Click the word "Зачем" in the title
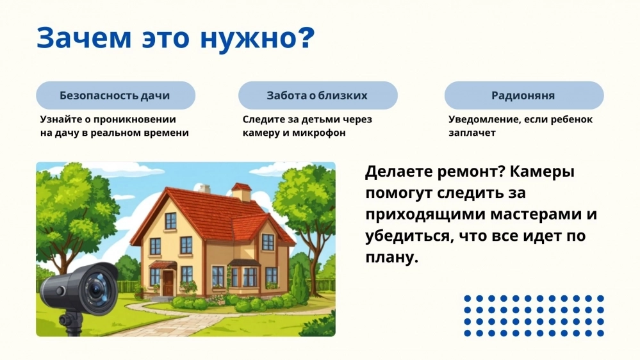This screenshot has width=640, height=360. pyautogui.click(x=84, y=38)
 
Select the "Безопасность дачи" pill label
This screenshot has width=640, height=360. pyautogui.click(x=115, y=95)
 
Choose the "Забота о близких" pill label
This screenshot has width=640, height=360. pyautogui.click(x=317, y=95)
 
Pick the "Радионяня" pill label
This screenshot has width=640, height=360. pyautogui.click(x=523, y=95)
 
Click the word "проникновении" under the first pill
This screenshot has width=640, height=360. pyautogui.click(x=135, y=120)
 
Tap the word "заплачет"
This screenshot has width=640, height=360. pyautogui.click(x=472, y=133)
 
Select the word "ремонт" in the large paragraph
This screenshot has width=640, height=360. pyautogui.click(x=472, y=172)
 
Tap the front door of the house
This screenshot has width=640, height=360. pyautogui.click(x=168, y=283)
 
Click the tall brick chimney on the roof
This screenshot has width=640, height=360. pyautogui.click(x=242, y=192)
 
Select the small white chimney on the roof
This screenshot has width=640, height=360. pyautogui.click(x=204, y=188)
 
